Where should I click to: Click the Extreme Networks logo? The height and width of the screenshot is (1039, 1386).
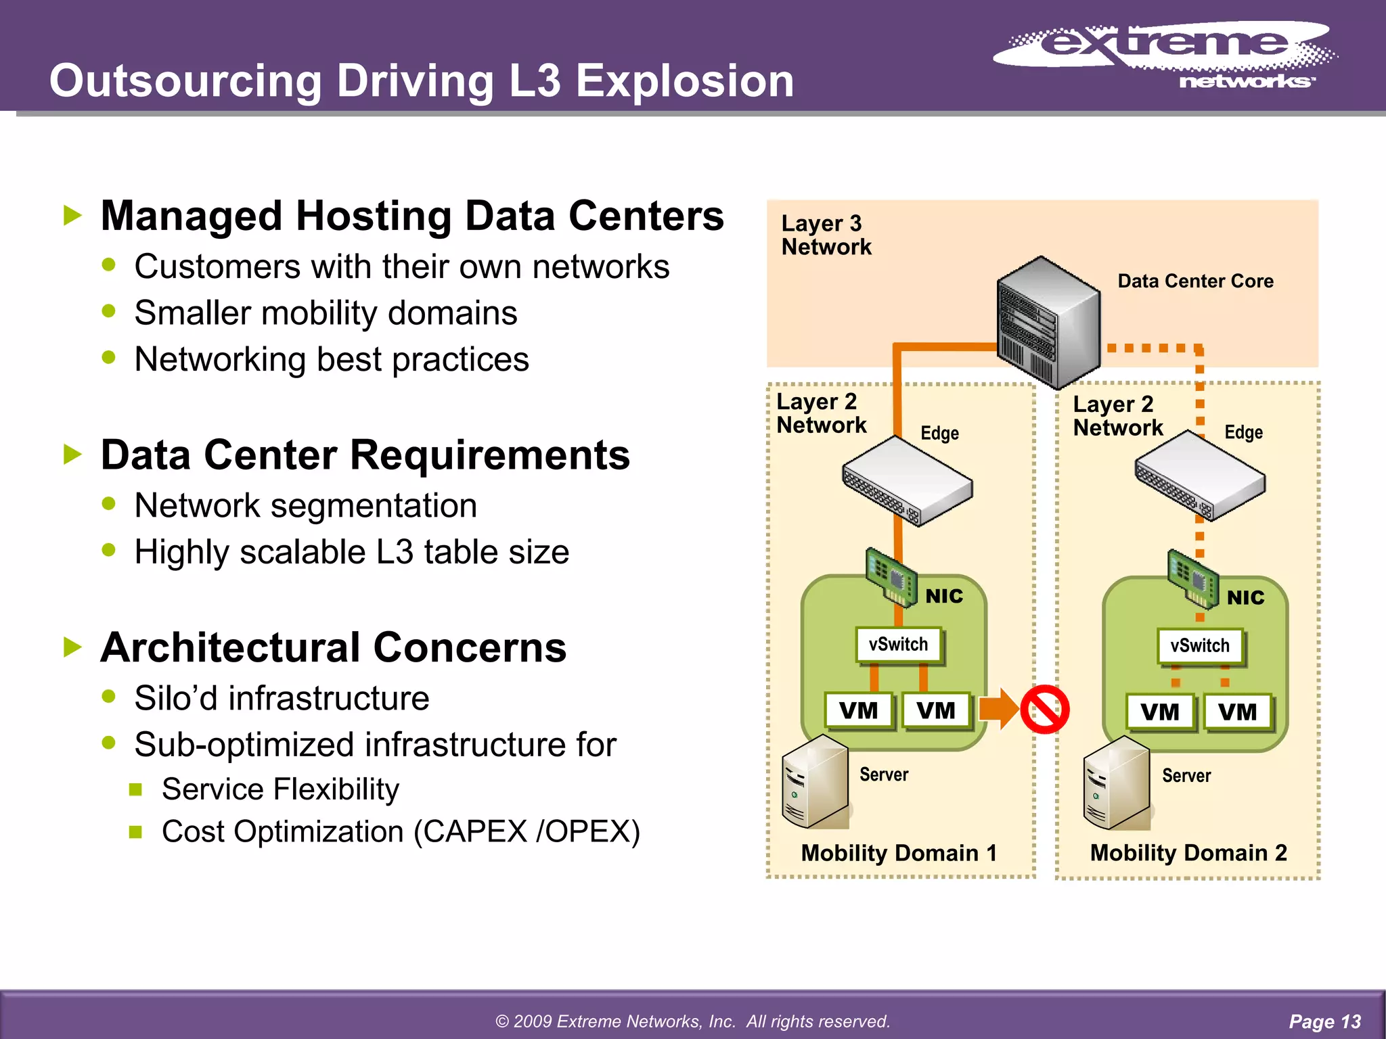[x=1164, y=54]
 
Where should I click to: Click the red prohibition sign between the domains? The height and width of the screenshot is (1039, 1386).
[x=1044, y=710]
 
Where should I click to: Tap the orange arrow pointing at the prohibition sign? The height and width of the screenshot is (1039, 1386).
[x=999, y=709]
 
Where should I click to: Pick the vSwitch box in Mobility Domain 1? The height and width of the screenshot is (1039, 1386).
[x=898, y=645]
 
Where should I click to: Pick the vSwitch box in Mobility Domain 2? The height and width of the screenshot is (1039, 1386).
[x=1200, y=646]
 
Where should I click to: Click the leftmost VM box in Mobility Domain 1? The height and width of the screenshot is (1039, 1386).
[x=858, y=711]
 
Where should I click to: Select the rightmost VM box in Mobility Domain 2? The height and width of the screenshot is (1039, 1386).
[x=1237, y=712]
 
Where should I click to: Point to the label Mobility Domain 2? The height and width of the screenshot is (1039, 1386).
[x=1188, y=853]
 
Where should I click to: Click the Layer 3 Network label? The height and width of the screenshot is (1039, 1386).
[x=826, y=235]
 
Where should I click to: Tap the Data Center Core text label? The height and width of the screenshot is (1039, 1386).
[x=1195, y=281]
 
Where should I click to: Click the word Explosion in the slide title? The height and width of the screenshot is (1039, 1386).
[x=684, y=81]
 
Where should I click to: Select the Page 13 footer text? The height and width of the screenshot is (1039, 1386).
[x=1324, y=1021]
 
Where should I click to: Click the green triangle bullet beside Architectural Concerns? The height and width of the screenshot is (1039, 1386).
[x=72, y=647]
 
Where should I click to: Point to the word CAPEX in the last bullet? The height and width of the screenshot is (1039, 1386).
[x=476, y=832]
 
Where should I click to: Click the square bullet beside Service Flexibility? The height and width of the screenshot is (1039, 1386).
[x=135, y=789]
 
